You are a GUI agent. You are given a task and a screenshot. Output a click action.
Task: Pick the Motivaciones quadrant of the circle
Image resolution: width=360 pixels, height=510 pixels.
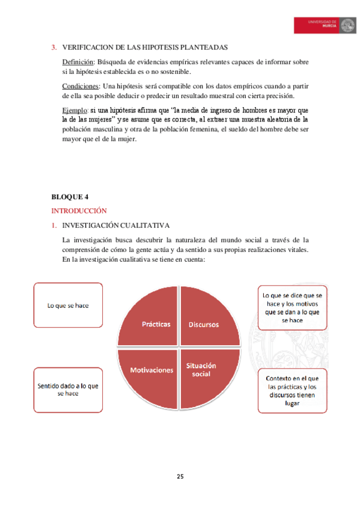click(x=151, y=369)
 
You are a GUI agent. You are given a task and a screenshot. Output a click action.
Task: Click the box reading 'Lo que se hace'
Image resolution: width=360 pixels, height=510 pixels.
click(x=68, y=305)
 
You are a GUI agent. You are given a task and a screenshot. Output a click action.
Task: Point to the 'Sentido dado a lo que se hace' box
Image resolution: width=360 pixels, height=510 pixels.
click(x=68, y=389)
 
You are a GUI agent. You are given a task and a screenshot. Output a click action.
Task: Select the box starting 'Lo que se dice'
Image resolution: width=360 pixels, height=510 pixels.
click(x=293, y=307)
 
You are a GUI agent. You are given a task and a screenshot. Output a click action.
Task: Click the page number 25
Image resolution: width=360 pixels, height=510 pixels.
click(x=180, y=477)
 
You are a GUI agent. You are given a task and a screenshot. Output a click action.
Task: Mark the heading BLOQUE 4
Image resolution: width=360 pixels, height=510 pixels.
click(x=70, y=197)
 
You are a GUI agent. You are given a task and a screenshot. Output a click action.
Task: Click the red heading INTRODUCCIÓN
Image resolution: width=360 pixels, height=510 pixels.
click(x=79, y=210)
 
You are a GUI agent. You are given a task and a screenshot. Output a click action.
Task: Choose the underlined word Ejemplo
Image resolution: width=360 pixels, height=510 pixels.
click(x=75, y=111)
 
